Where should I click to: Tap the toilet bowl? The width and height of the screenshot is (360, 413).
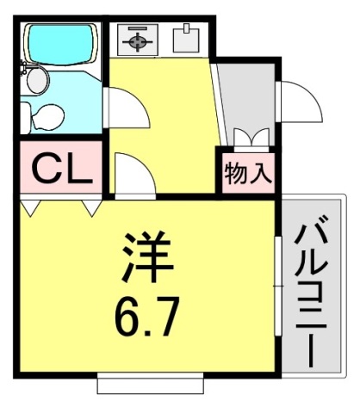tap(47, 115)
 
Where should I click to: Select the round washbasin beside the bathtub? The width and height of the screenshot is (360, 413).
tap(37, 82)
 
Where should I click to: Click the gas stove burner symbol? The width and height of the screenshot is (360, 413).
tap(138, 39)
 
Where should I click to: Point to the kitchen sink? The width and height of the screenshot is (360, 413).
tap(185, 39)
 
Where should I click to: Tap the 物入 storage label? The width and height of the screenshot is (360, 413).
tap(248, 173)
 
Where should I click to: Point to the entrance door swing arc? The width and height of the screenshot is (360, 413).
tap(297, 102)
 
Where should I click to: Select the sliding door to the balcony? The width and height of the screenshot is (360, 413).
tap(278, 283)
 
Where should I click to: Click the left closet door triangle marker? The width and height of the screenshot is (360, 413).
tap(33, 206)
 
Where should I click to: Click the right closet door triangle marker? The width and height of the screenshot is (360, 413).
tap(90, 206)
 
